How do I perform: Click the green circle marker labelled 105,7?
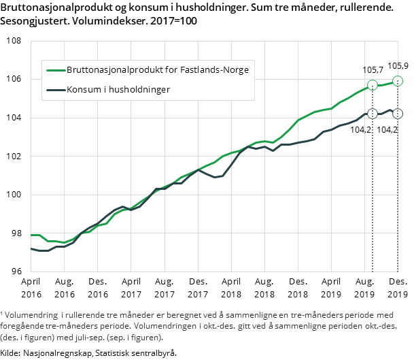(372, 85)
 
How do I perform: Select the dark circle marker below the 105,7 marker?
(372, 114)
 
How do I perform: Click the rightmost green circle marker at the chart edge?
(398, 81)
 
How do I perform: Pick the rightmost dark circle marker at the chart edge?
(398, 114)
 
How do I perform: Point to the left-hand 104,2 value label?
(361, 129)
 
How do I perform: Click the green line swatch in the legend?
(54, 70)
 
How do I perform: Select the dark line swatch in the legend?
(54, 89)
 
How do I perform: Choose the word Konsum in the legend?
(82, 89)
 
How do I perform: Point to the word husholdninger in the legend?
(139, 89)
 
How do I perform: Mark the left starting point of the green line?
(32, 235)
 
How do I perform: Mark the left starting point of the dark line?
(32, 248)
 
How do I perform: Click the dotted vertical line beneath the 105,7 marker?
(372, 204)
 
